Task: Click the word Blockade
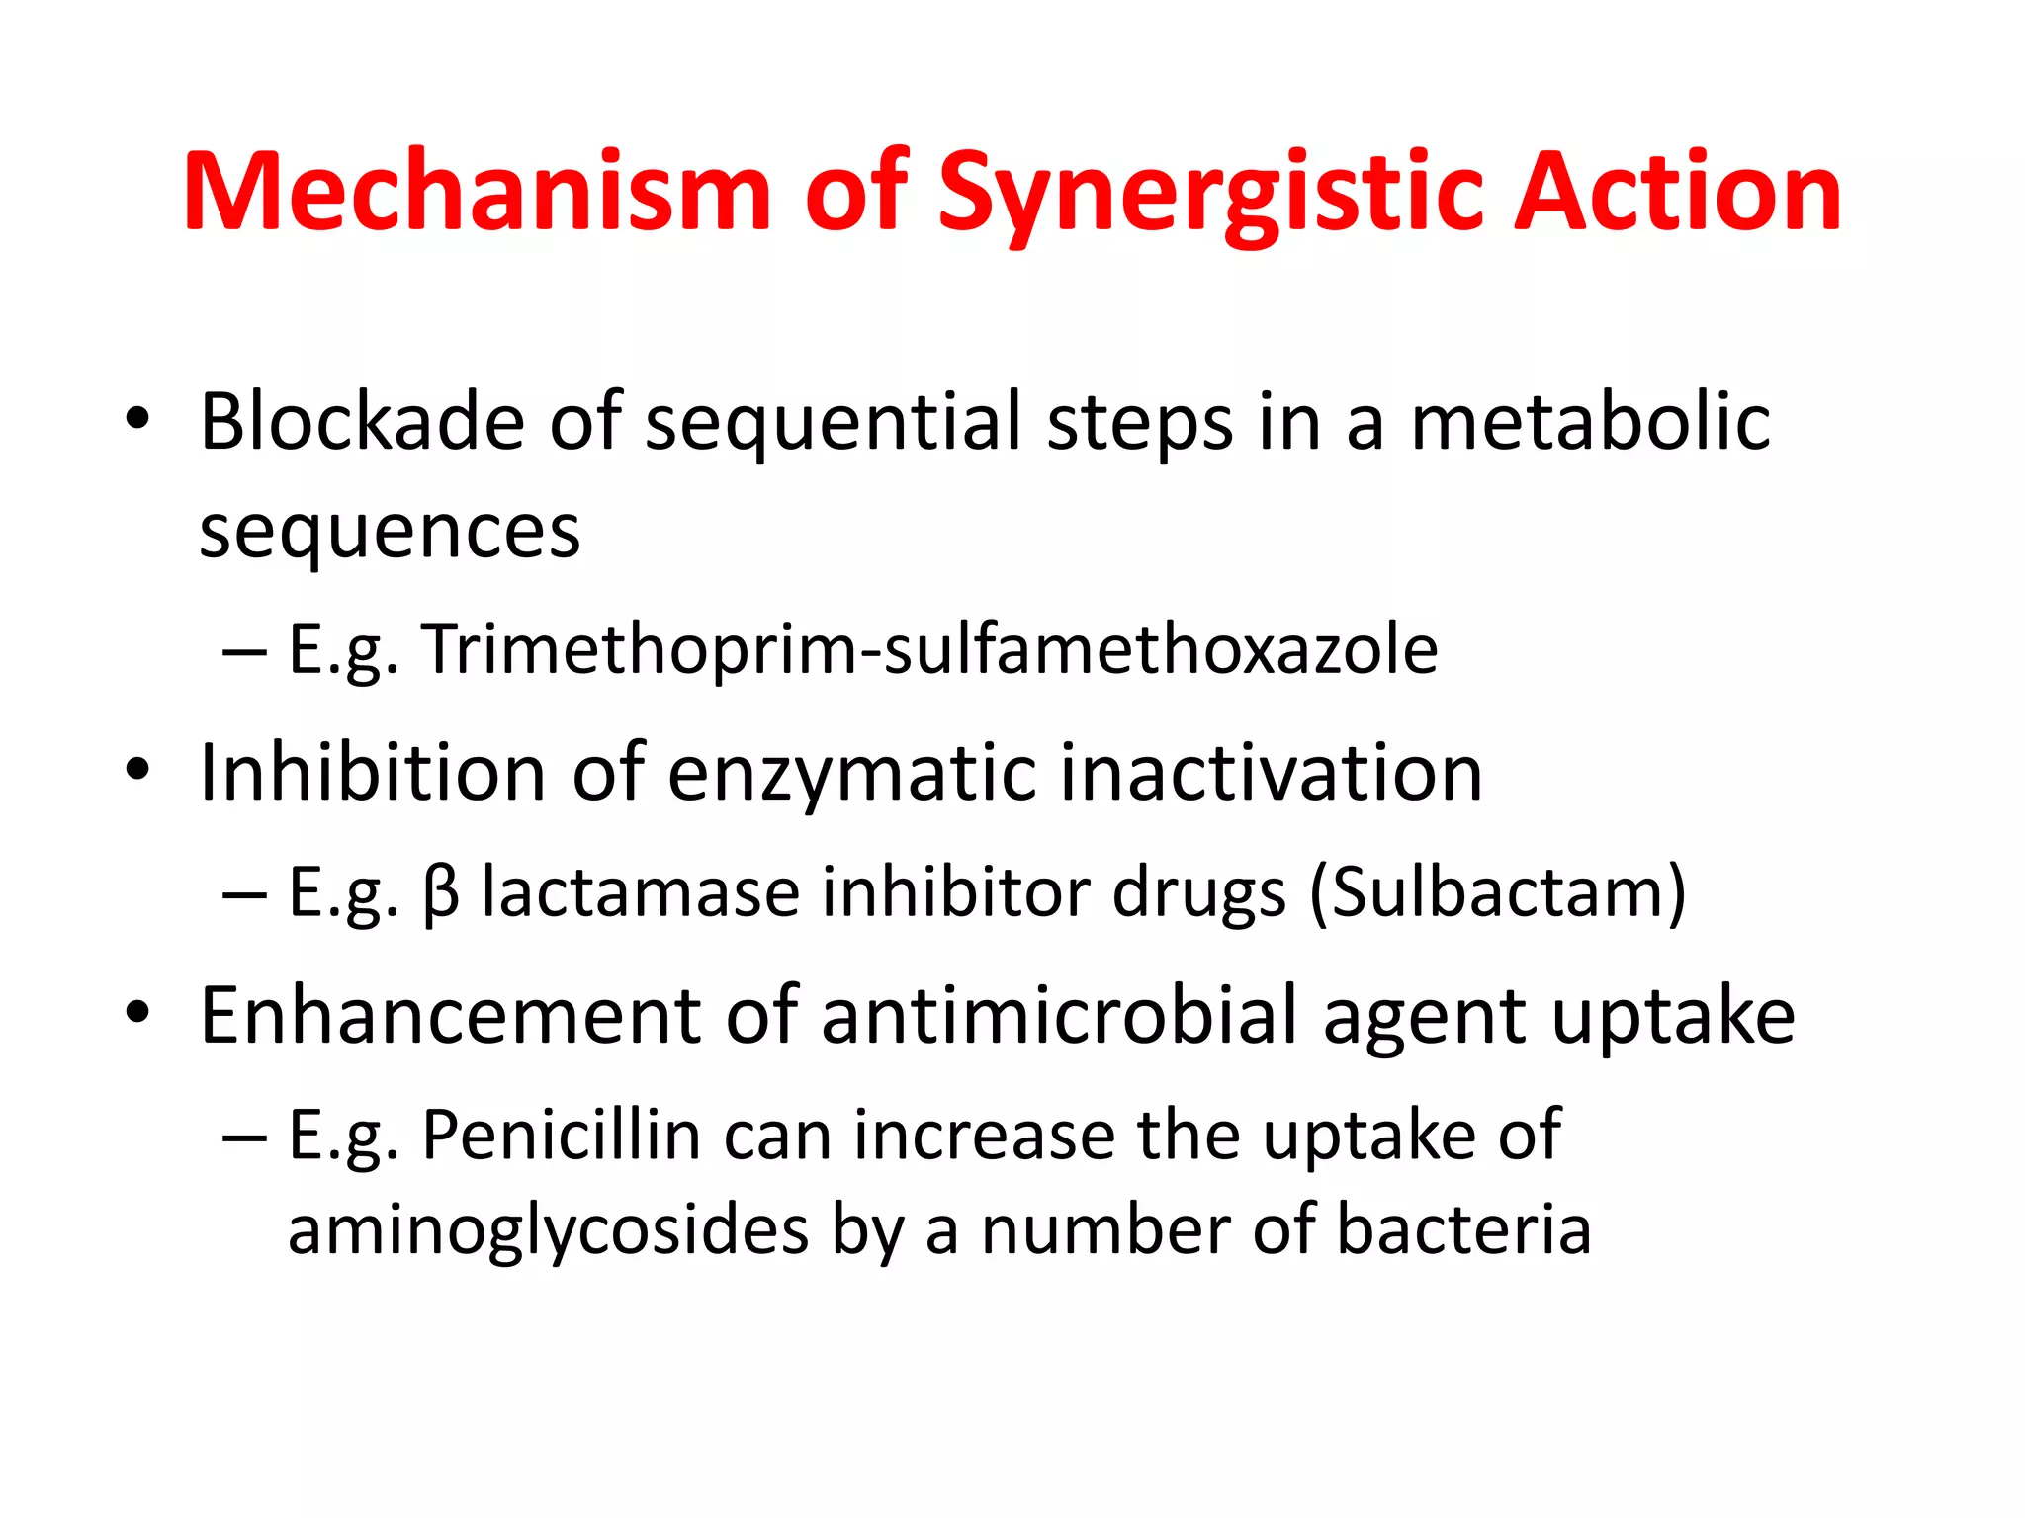[362, 422]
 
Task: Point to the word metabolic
[1590, 422]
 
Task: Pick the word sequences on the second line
[390, 531]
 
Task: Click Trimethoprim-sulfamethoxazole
[929, 649]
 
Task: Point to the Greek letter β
[441, 892]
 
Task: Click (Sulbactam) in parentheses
[1497, 892]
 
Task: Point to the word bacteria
[1463, 1230]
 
